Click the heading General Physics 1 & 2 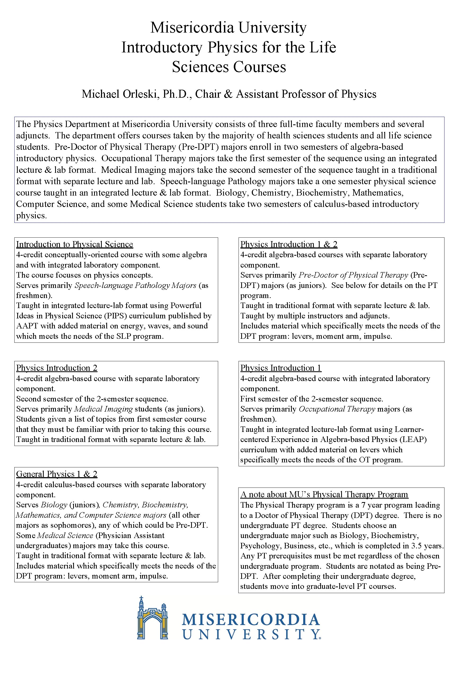coord(57,474)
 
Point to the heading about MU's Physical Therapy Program coord(324,494)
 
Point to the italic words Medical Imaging coord(104,409)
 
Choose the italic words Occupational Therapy coord(337,409)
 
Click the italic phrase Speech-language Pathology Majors coord(135,285)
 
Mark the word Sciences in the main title coord(200,67)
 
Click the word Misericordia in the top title coord(192,28)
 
